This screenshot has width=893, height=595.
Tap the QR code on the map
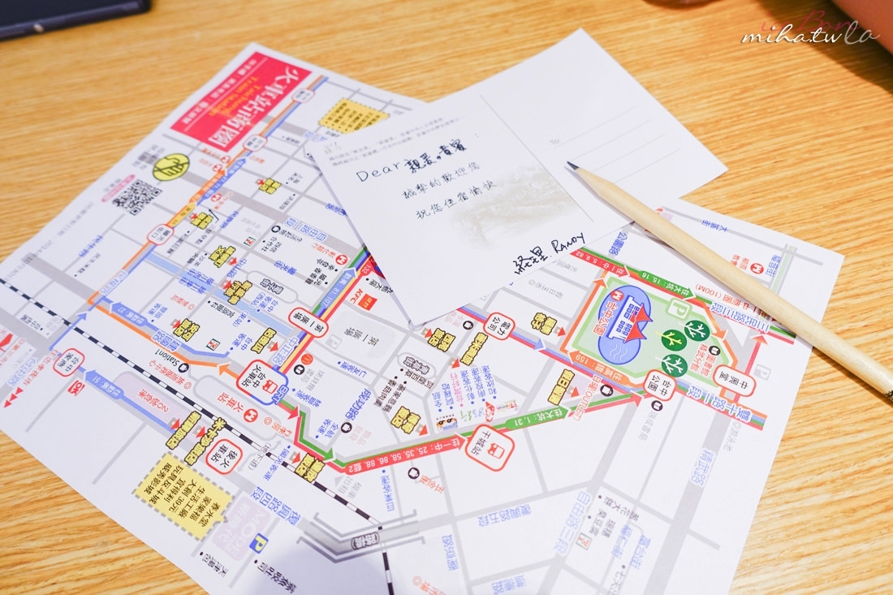(x=136, y=196)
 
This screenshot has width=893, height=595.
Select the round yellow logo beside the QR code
(x=170, y=167)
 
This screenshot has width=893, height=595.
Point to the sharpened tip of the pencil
(x=573, y=167)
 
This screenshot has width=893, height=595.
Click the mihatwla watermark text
(x=809, y=33)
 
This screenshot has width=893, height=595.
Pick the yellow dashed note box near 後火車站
(x=183, y=496)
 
